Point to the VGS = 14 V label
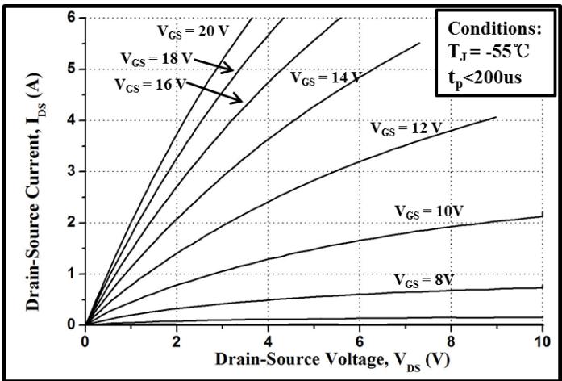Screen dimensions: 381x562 coord(325,78)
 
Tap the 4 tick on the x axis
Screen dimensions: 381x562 coord(268,341)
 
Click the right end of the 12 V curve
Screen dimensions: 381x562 coord(496,118)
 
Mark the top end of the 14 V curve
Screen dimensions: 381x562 coord(419,43)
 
